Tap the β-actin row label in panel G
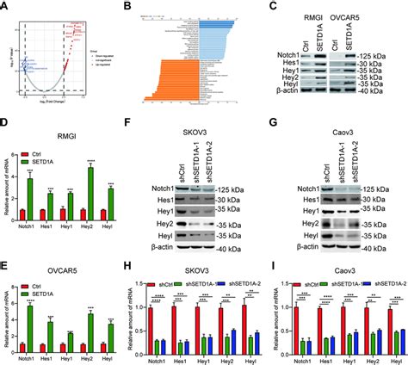(301, 249)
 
